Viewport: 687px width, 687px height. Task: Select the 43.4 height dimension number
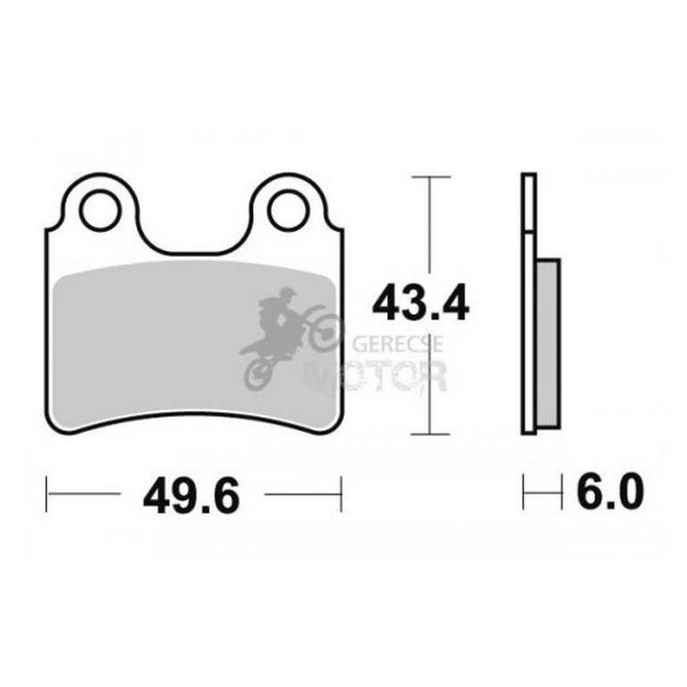point(420,303)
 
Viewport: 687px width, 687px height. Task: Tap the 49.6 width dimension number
point(192,496)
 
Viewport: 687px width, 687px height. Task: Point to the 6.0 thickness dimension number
point(609,492)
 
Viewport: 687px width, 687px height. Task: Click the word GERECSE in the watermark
point(398,344)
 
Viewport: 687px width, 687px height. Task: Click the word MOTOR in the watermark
point(376,376)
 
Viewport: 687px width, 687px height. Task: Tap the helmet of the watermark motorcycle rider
point(287,294)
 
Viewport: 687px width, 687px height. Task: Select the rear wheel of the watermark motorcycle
point(259,375)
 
